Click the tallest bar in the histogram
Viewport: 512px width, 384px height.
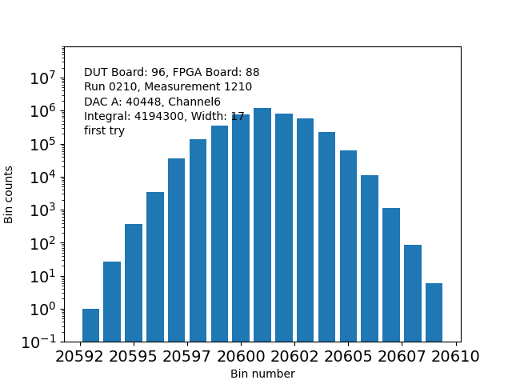click(x=262, y=225)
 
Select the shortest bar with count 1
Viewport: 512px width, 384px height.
click(x=90, y=325)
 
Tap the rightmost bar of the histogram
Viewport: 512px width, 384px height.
click(x=434, y=312)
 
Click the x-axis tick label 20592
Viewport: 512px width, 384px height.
click(x=80, y=357)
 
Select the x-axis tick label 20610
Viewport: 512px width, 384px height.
click(x=457, y=357)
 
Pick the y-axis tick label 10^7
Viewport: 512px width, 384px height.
click(x=42, y=78)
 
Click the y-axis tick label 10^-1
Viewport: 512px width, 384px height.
click(x=38, y=342)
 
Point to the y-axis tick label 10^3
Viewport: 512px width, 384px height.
click(x=42, y=210)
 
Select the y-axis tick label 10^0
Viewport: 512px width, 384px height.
click(x=42, y=310)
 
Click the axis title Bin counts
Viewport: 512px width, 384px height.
click(x=10, y=194)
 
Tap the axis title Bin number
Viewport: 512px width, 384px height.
click(x=262, y=374)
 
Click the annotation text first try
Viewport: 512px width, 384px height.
click(x=104, y=130)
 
